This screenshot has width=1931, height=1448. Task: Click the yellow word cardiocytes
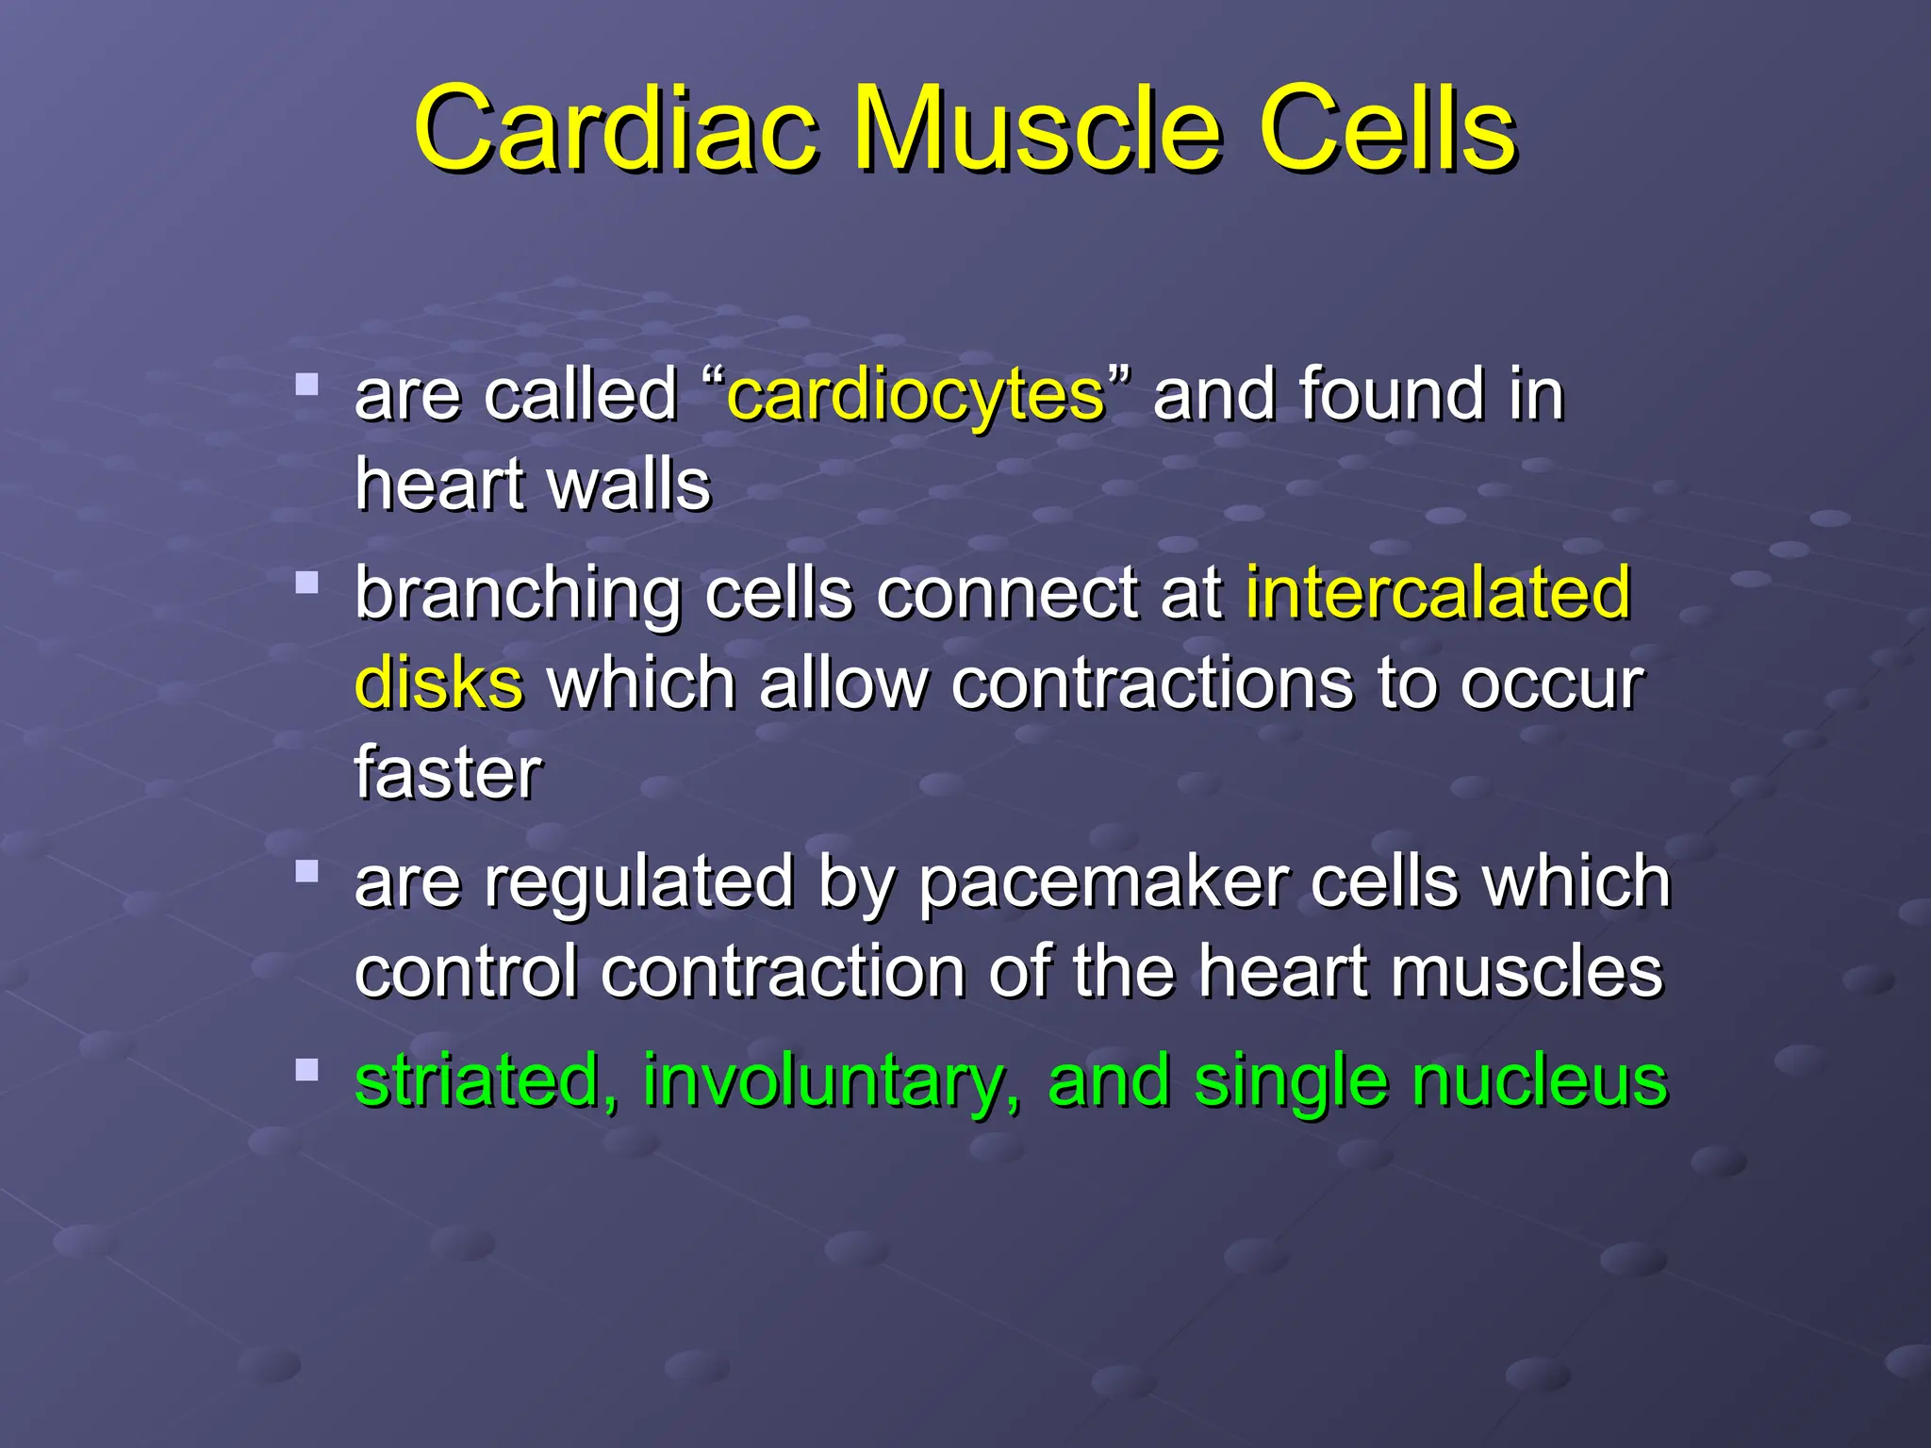pyautogui.click(x=916, y=396)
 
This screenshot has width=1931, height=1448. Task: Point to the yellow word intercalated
pyautogui.click(x=1438, y=593)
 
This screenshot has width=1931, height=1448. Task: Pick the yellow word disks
pyautogui.click(x=438, y=683)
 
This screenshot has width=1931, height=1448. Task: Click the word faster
pyautogui.click(x=448, y=773)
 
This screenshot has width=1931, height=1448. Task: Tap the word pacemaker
pyautogui.click(x=1102, y=883)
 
